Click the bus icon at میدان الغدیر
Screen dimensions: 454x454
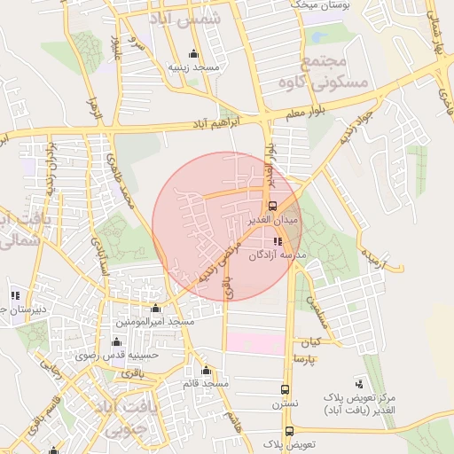tap(272, 207)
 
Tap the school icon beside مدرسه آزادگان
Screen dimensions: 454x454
tap(278, 241)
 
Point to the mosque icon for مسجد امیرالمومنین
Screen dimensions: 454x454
tap(156, 309)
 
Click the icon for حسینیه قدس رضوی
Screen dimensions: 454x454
tap(116, 342)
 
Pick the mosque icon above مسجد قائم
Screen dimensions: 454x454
tap(206, 371)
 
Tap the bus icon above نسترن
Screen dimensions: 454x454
tap(285, 389)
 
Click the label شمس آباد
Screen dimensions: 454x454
tap(188, 19)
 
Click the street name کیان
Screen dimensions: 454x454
tap(310, 341)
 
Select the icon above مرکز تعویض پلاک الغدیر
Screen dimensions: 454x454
tap(358, 383)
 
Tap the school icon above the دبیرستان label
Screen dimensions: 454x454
tap(15, 295)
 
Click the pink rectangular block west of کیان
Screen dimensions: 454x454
tap(255, 342)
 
